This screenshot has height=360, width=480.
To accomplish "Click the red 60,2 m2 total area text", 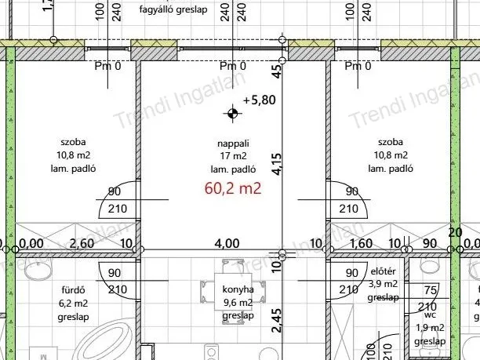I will click(232, 188).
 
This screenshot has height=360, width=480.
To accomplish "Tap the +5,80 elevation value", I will click(260, 100).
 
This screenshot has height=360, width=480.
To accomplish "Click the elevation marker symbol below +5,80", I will click(232, 115).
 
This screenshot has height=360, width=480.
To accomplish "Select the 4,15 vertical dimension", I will click(276, 167).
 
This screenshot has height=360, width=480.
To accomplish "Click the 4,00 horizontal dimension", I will click(227, 244).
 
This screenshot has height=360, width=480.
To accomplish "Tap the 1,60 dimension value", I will click(362, 244).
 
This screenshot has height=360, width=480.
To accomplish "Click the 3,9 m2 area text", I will click(384, 285).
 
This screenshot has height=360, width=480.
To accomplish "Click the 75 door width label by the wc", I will click(427, 289).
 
